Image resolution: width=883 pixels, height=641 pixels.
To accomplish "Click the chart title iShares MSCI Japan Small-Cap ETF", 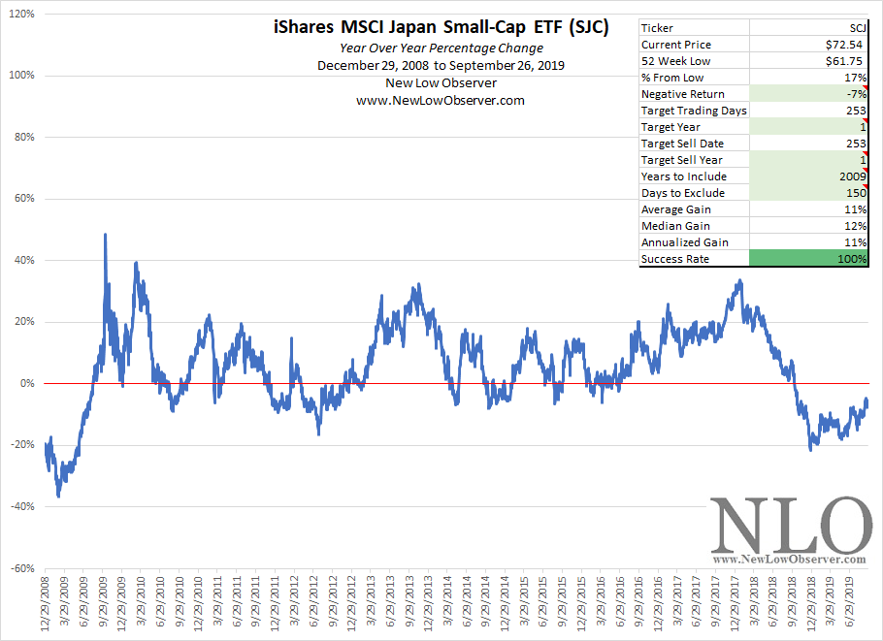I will click(441, 28).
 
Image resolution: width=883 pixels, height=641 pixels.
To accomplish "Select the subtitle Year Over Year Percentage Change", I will click(441, 48).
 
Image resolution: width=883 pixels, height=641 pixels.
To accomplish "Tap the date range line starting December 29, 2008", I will click(441, 65).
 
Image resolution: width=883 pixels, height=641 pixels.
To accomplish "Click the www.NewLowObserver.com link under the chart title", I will click(441, 100).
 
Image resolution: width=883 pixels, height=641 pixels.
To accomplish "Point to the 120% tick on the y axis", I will click(21, 15).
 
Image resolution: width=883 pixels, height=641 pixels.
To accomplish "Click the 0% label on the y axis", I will click(27, 384).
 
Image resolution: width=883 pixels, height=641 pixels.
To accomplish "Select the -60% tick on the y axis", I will click(23, 568).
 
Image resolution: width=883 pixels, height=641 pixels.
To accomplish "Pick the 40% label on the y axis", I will click(24, 261).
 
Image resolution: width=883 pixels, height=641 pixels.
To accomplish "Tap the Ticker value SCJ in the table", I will click(854, 28).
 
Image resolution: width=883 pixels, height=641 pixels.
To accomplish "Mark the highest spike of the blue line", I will click(105, 235).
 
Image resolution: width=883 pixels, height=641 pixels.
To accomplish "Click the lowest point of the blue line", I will click(58, 497).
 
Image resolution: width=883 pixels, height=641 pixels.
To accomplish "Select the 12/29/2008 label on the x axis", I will click(46, 608).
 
